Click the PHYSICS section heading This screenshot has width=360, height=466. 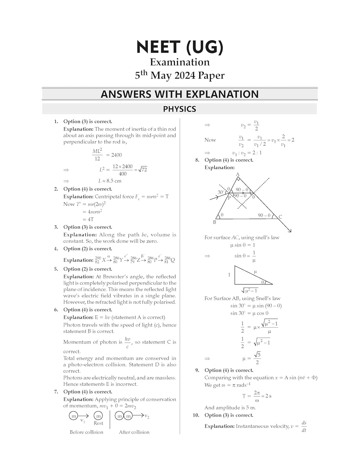click(x=180, y=109)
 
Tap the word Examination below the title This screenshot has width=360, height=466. click(x=180, y=62)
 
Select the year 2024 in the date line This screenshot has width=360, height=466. click(x=185, y=75)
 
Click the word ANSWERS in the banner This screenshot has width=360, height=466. click(x=125, y=94)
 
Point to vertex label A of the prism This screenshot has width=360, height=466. click(x=238, y=175)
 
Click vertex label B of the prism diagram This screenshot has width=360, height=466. click(x=214, y=222)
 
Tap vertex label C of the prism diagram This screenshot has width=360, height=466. click(x=280, y=217)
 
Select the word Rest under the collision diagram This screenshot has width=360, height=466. click(x=98, y=423)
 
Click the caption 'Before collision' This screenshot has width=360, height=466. click(x=86, y=432)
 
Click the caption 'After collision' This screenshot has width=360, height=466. click(x=134, y=432)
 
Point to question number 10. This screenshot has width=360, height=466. click(x=196, y=415)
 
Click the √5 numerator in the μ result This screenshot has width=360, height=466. click(x=257, y=355)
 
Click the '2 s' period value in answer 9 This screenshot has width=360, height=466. click(x=268, y=396)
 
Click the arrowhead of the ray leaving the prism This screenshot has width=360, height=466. click(x=290, y=231)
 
